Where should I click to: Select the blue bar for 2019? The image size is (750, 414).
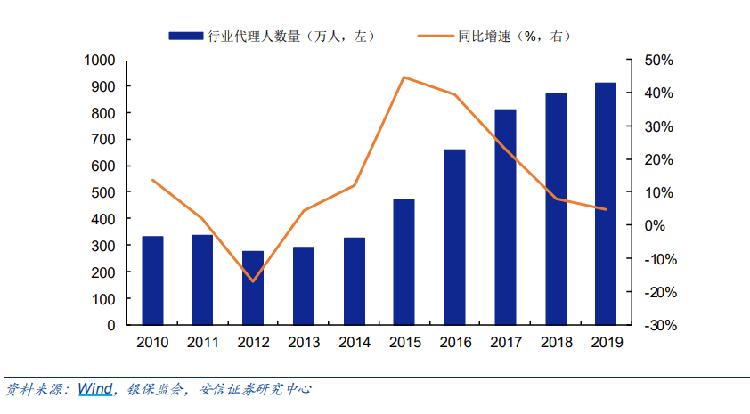pyautogui.click(x=606, y=204)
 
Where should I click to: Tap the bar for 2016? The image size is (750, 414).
pyautogui.click(x=454, y=237)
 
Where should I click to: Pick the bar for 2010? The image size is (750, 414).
pyautogui.click(x=152, y=280)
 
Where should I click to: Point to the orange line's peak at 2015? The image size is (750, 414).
pyautogui.click(x=404, y=77)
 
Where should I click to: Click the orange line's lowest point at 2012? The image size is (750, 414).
pyautogui.click(x=253, y=281)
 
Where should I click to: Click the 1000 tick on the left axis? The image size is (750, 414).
pyautogui.click(x=101, y=61)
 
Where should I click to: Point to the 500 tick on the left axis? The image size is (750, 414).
pyautogui.click(x=104, y=193)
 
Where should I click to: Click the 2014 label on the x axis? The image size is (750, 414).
pyautogui.click(x=354, y=342)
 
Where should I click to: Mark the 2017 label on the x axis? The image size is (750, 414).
pyautogui.click(x=505, y=342)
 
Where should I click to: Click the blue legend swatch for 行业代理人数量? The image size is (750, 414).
pyautogui.click(x=186, y=37)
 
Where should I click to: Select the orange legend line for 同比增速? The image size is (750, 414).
pyautogui.click(x=436, y=37)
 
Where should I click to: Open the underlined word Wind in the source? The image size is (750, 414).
pyautogui.click(x=94, y=389)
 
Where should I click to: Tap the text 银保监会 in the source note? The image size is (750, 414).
pyautogui.click(x=152, y=390)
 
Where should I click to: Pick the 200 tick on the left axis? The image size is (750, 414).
pyautogui.click(x=104, y=272)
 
